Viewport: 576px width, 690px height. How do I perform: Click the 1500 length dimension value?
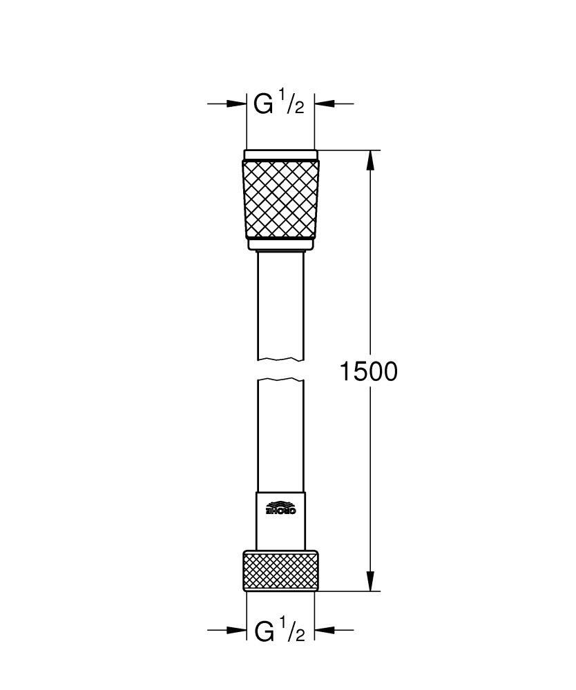tap(368, 372)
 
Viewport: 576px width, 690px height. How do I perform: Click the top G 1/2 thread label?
tap(279, 104)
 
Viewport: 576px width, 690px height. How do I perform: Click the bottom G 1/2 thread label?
tap(279, 631)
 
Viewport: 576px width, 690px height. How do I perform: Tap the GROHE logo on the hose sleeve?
tap(280, 508)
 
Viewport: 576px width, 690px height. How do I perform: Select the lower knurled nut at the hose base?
tap(280, 571)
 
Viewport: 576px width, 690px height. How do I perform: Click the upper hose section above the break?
tap(280, 304)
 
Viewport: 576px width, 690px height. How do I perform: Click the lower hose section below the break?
tap(280, 435)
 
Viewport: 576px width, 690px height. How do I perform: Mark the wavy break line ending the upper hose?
tap(280, 359)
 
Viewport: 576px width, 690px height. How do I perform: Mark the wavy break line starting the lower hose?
tap(280, 379)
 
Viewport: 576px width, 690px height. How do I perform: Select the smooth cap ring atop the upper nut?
tap(280, 155)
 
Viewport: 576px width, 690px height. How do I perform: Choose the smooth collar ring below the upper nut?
tap(280, 244)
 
